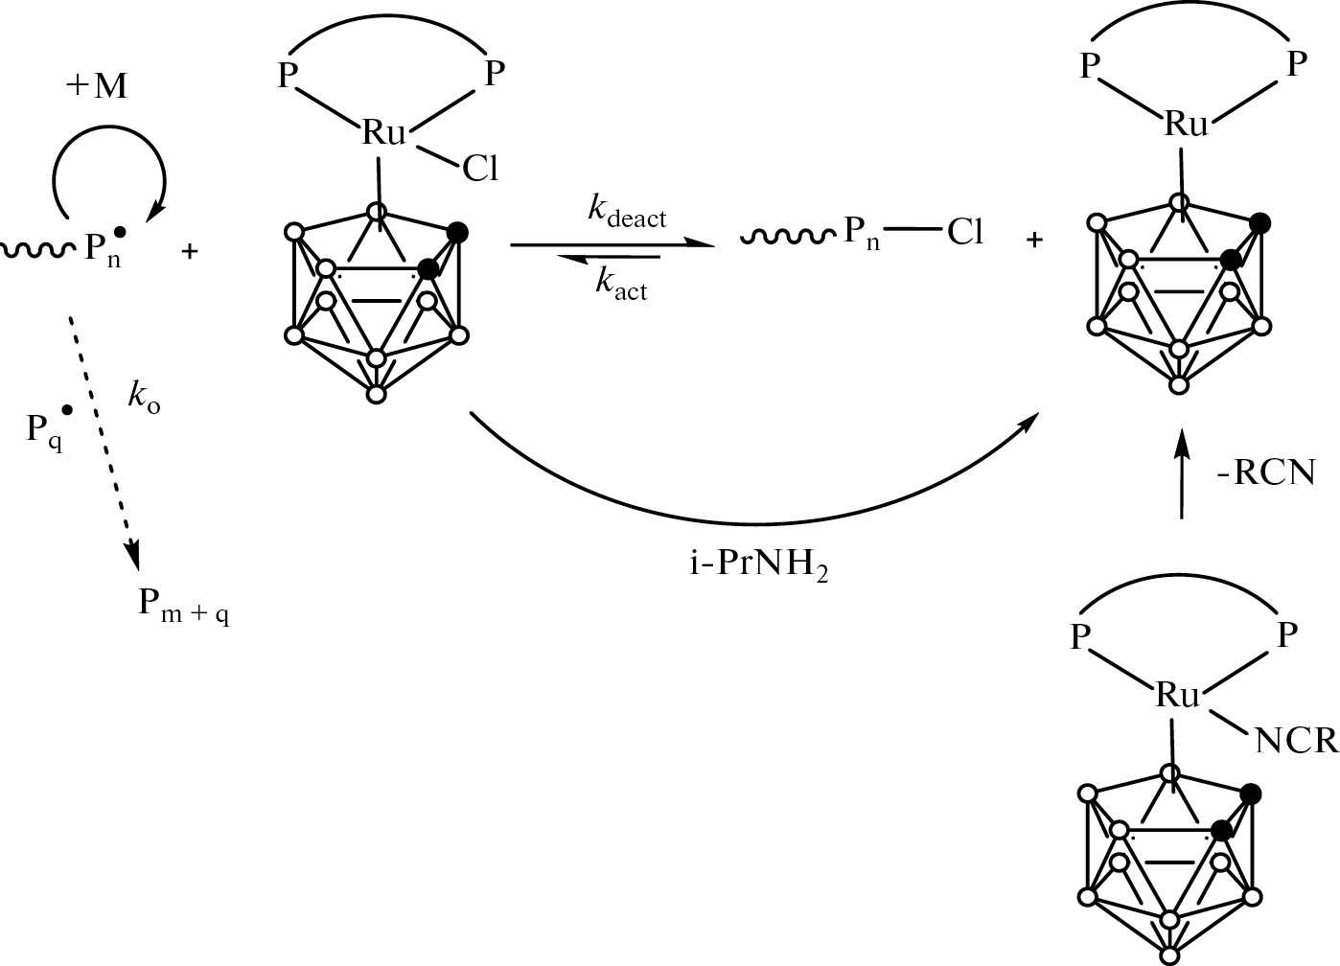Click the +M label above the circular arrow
pyautogui.click(x=97, y=86)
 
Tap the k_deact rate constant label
pyautogui.click(x=626, y=213)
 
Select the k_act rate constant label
pyautogui.click(x=621, y=285)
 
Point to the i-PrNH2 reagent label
pyautogui.click(x=759, y=565)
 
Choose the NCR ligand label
pyautogui.click(x=1295, y=742)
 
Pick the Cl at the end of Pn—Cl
pyautogui.click(x=965, y=233)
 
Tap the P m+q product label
pyautogui.click(x=184, y=606)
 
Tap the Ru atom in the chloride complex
pyautogui.click(x=383, y=133)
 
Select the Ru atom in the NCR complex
pyautogui.click(x=1177, y=695)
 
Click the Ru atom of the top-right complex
pyautogui.click(x=1187, y=125)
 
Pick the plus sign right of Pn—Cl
pyautogui.click(x=1034, y=241)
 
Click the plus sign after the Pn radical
pyautogui.click(x=189, y=252)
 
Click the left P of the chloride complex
pyautogui.click(x=288, y=77)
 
